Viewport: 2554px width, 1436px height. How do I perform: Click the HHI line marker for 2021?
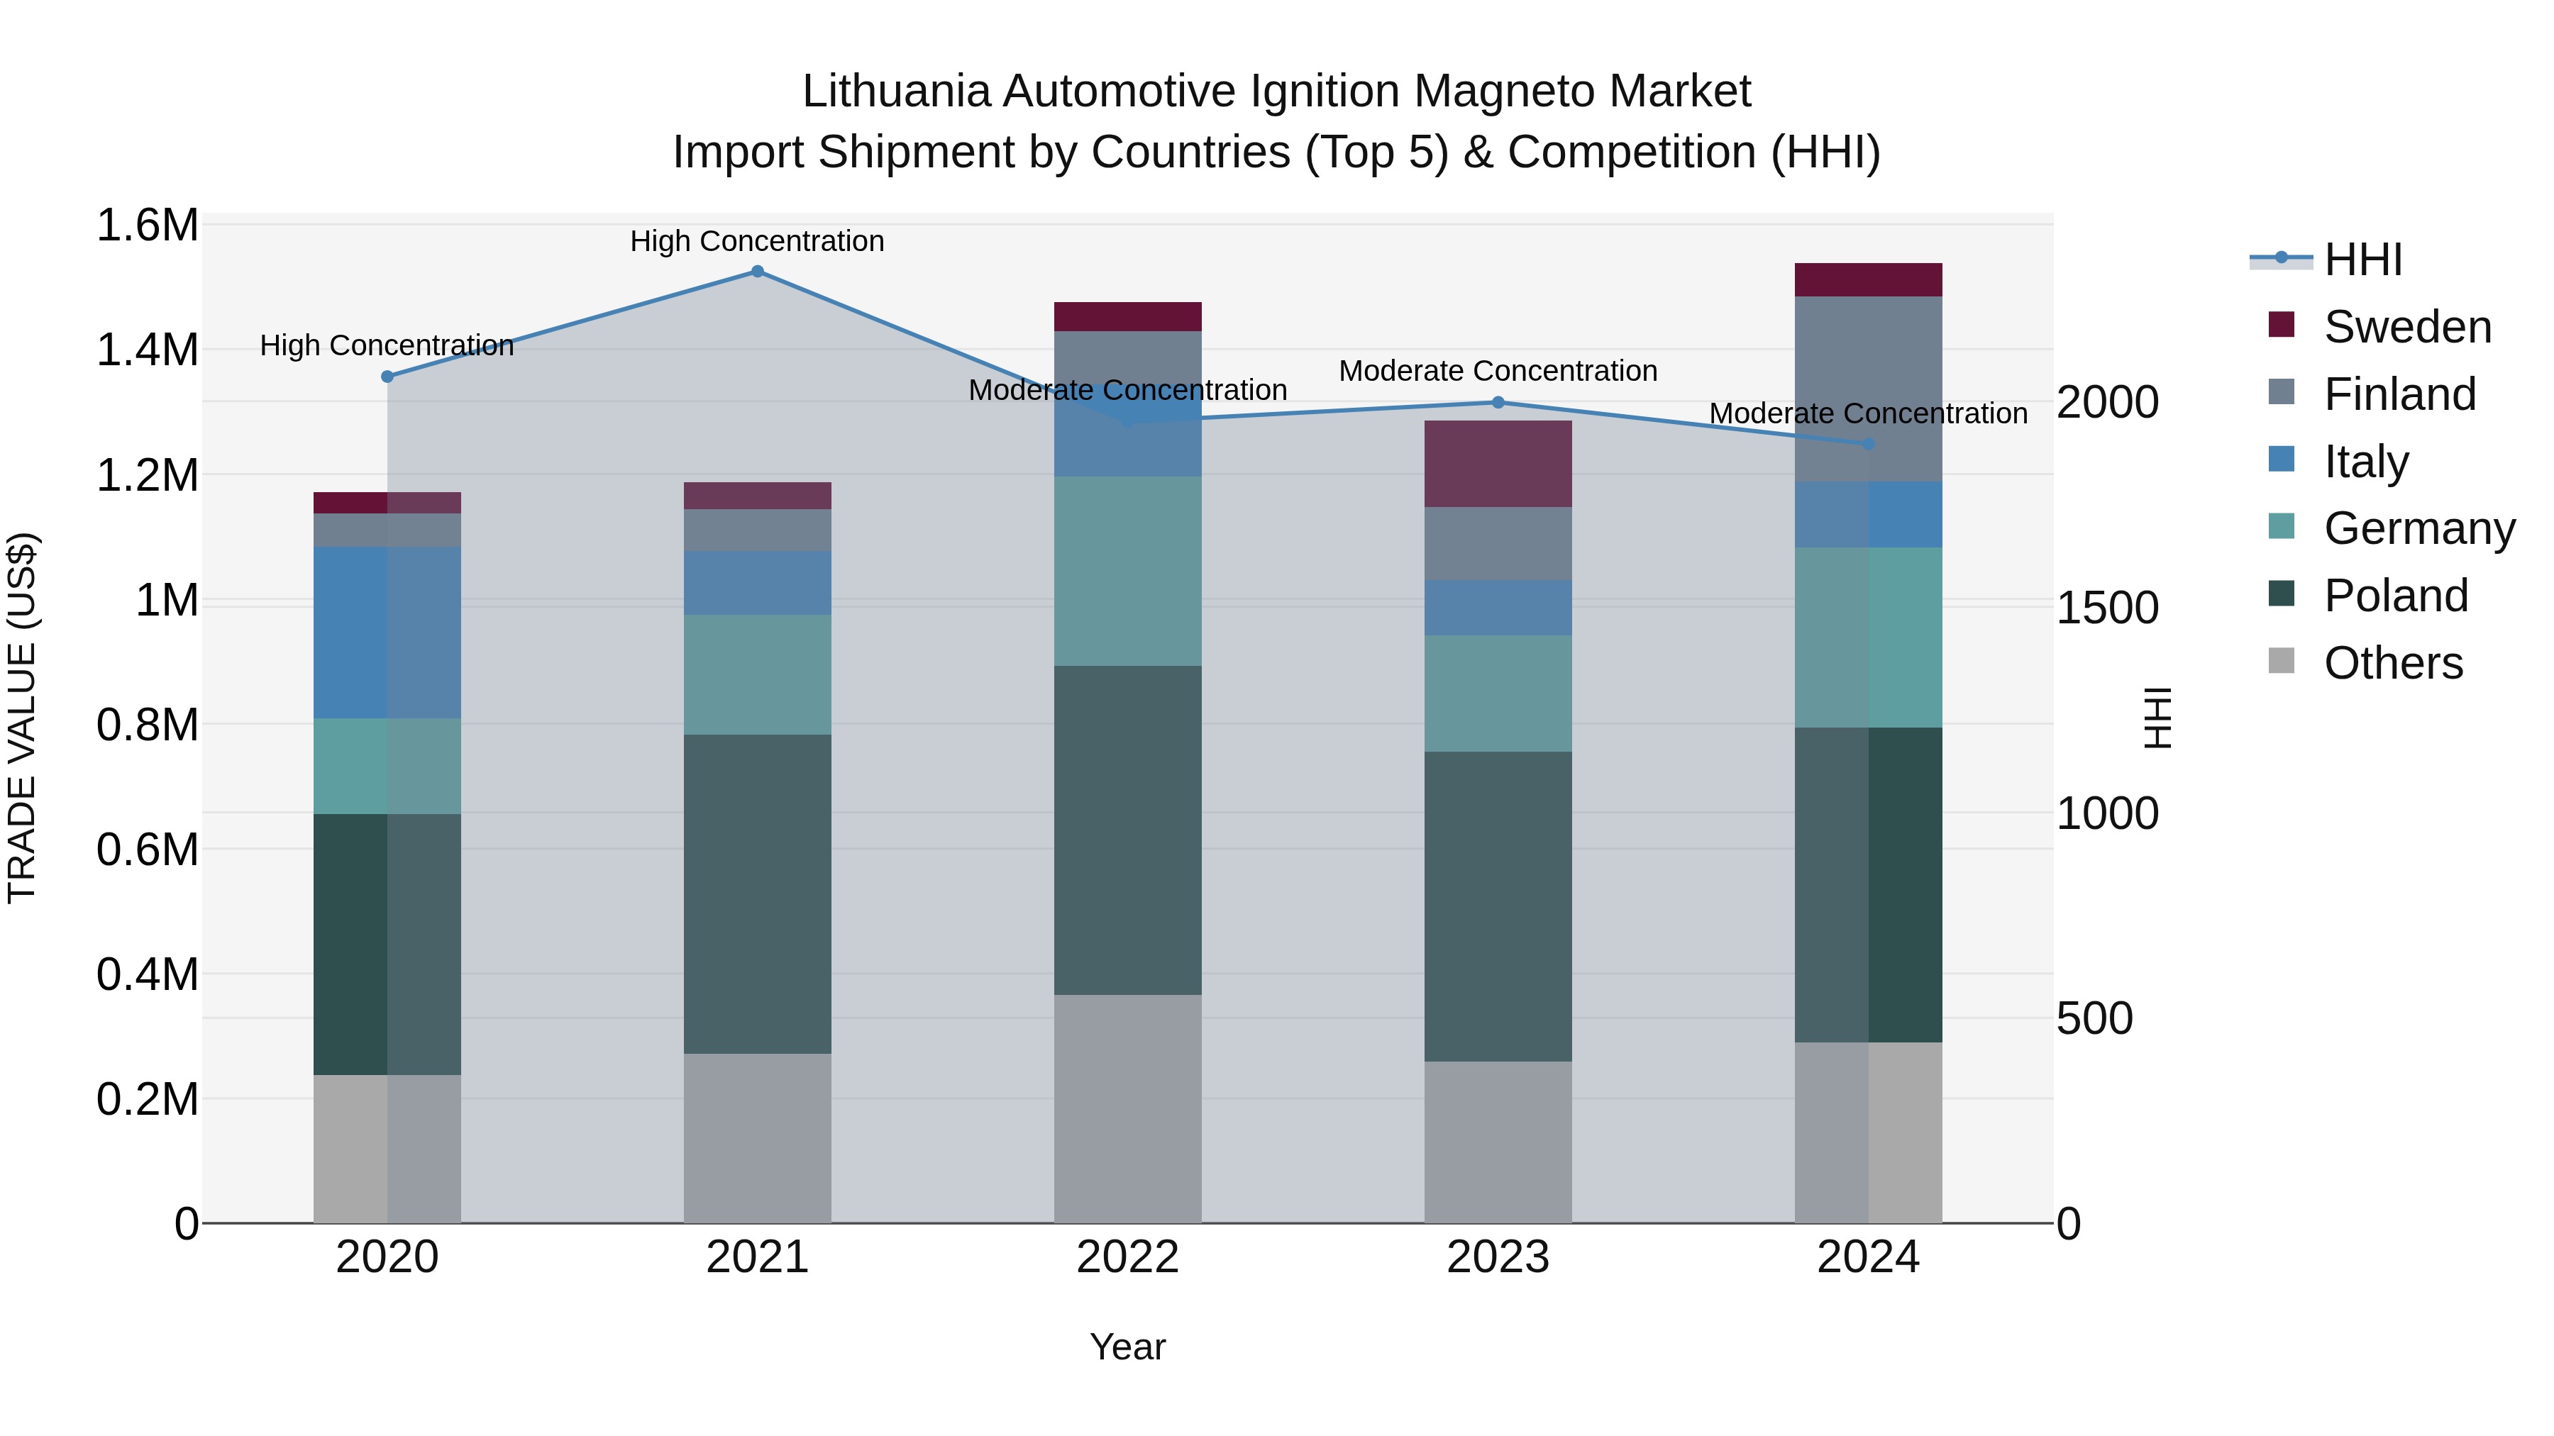tap(758, 272)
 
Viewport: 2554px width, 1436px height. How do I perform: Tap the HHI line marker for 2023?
tap(1498, 402)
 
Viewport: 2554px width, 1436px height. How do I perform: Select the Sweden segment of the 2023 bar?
tap(1498, 464)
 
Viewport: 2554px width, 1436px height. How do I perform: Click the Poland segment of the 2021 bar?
tap(758, 894)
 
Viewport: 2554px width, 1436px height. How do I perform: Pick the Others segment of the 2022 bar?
tap(1127, 1108)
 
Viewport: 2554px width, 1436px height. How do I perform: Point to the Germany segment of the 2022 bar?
tap(1127, 571)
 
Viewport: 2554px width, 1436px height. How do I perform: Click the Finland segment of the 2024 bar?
tap(1868, 389)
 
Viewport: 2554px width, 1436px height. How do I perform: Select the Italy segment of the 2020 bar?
tap(387, 633)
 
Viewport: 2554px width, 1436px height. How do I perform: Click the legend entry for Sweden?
tap(2406, 327)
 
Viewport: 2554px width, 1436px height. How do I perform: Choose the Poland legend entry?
tap(2395, 596)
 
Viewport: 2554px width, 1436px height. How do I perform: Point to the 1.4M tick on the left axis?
tap(147, 350)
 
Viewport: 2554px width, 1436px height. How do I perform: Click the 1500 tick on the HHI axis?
tap(2107, 608)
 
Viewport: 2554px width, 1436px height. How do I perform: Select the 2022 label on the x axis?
tap(1127, 1257)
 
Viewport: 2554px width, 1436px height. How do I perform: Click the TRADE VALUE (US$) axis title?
tap(22, 718)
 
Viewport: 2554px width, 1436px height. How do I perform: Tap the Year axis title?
tap(1127, 1347)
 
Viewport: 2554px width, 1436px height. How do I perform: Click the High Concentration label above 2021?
tap(758, 241)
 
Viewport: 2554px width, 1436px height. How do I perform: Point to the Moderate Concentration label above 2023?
tap(1498, 371)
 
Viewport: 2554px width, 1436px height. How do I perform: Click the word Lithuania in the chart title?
tap(896, 91)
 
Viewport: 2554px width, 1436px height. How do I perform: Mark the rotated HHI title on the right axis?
tap(2157, 718)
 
